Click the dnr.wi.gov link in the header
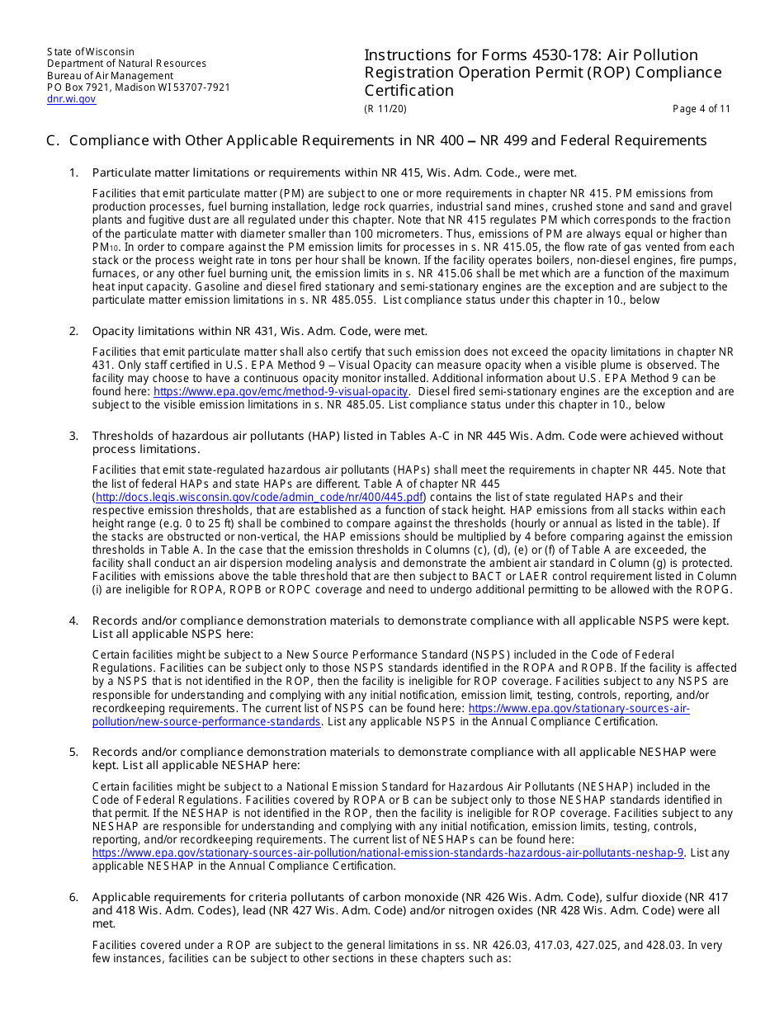point(71,99)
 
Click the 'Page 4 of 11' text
point(701,109)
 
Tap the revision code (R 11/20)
point(385,109)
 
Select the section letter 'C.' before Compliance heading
point(53,141)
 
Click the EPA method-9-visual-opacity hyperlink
point(281,392)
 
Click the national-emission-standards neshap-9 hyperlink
point(388,853)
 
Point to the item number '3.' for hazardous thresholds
point(73,436)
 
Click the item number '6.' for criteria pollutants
point(73,897)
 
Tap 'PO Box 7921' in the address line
point(77,87)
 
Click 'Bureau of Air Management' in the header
point(110,76)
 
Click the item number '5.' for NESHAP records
point(73,753)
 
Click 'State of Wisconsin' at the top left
point(90,52)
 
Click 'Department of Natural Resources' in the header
point(126,64)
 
